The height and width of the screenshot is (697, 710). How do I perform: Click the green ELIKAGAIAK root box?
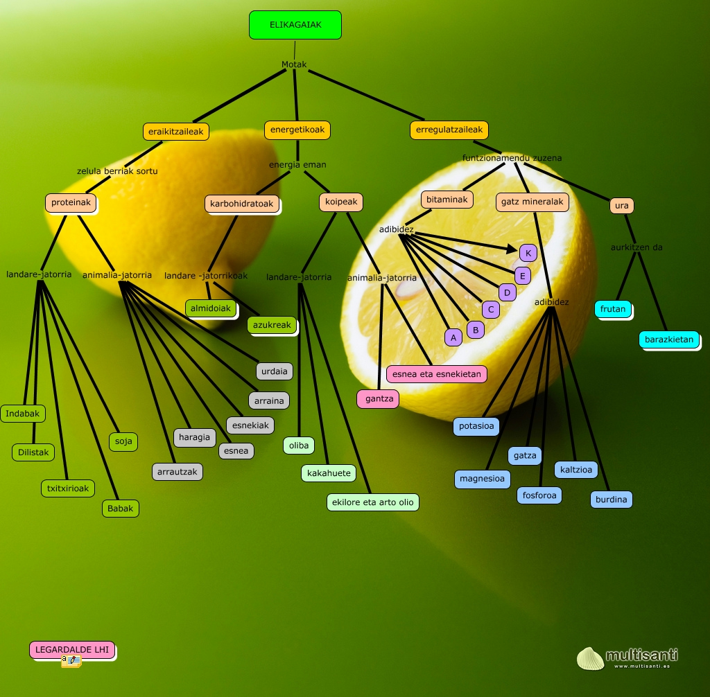point(295,25)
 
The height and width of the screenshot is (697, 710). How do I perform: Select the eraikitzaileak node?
point(176,131)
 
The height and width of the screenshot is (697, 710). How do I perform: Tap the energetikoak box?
point(297,130)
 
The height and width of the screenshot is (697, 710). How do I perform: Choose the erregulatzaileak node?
point(449,130)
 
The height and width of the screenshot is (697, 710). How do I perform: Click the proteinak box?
point(71,202)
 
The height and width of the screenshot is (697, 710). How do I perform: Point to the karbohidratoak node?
point(242,204)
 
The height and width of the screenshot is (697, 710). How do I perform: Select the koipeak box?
point(341,202)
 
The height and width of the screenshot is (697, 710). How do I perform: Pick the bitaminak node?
point(447,200)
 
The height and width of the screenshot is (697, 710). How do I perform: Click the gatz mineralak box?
point(532,202)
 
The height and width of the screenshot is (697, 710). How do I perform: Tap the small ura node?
point(622,206)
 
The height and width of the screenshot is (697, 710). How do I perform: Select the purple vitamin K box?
point(528,253)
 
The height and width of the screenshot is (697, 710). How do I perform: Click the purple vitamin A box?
point(453,337)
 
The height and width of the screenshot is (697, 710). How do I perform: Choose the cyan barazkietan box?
point(669,339)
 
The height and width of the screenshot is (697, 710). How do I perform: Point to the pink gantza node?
point(379,399)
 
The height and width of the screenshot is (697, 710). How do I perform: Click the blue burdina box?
point(612,499)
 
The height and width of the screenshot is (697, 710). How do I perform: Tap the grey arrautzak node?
point(177,472)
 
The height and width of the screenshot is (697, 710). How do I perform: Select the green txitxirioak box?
point(67,488)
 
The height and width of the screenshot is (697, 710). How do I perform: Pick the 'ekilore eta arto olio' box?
point(372,502)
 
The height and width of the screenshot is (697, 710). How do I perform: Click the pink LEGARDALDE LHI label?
point(72,650)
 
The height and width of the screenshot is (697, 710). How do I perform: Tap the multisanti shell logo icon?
point(590,658)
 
